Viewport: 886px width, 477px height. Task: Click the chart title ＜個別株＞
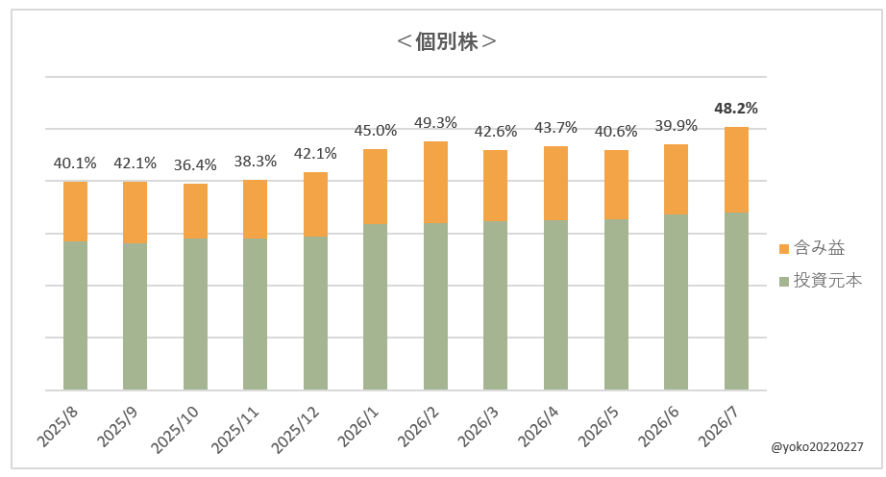(x=447, y=41)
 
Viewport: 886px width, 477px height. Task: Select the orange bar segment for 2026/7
(x=736, y=169)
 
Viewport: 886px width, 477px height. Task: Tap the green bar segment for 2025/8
(x=75, y=315)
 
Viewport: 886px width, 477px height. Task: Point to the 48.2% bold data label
(x=736, y=108)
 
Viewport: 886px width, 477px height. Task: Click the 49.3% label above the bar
(x=435, y=123)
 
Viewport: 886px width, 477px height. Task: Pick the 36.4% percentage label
(x=195, y=165)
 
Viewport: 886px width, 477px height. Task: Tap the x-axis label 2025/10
(x=175, y=430)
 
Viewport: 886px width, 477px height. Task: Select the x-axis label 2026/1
(x=358, y=427)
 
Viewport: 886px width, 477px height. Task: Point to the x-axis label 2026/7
(x=720, y=427)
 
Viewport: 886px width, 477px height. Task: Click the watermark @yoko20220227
(x=817, y=447)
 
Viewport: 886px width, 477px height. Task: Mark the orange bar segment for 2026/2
(x=435, y=183)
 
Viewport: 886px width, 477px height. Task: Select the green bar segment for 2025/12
(x=315, y=314)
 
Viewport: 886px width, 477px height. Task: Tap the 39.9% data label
(x=676, y=125)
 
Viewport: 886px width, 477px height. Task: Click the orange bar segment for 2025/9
(x=135, y=213)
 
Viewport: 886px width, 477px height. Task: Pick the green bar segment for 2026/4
(x=556, y=305)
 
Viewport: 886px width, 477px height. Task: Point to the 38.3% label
(x=256, y=162)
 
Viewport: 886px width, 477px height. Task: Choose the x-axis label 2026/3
(x=480, y=427)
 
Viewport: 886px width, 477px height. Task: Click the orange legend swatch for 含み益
(x=784, y=249)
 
